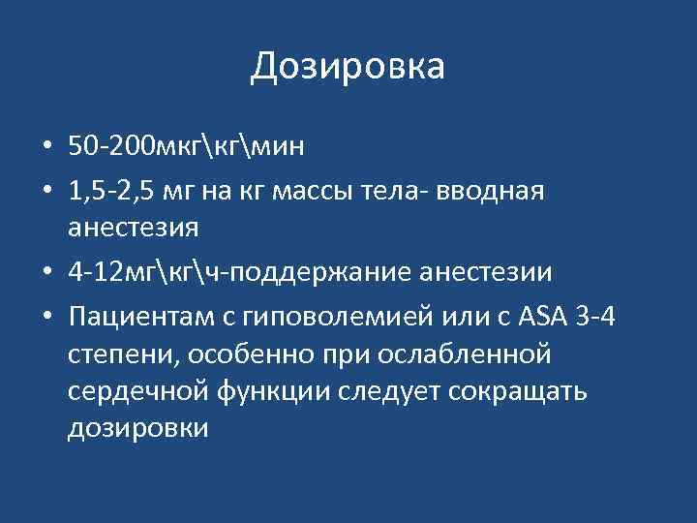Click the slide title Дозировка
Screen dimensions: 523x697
pos(348,67)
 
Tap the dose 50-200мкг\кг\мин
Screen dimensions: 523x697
pos(186,146)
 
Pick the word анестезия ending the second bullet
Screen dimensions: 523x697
pos(134,230)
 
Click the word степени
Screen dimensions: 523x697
pos(118,355)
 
